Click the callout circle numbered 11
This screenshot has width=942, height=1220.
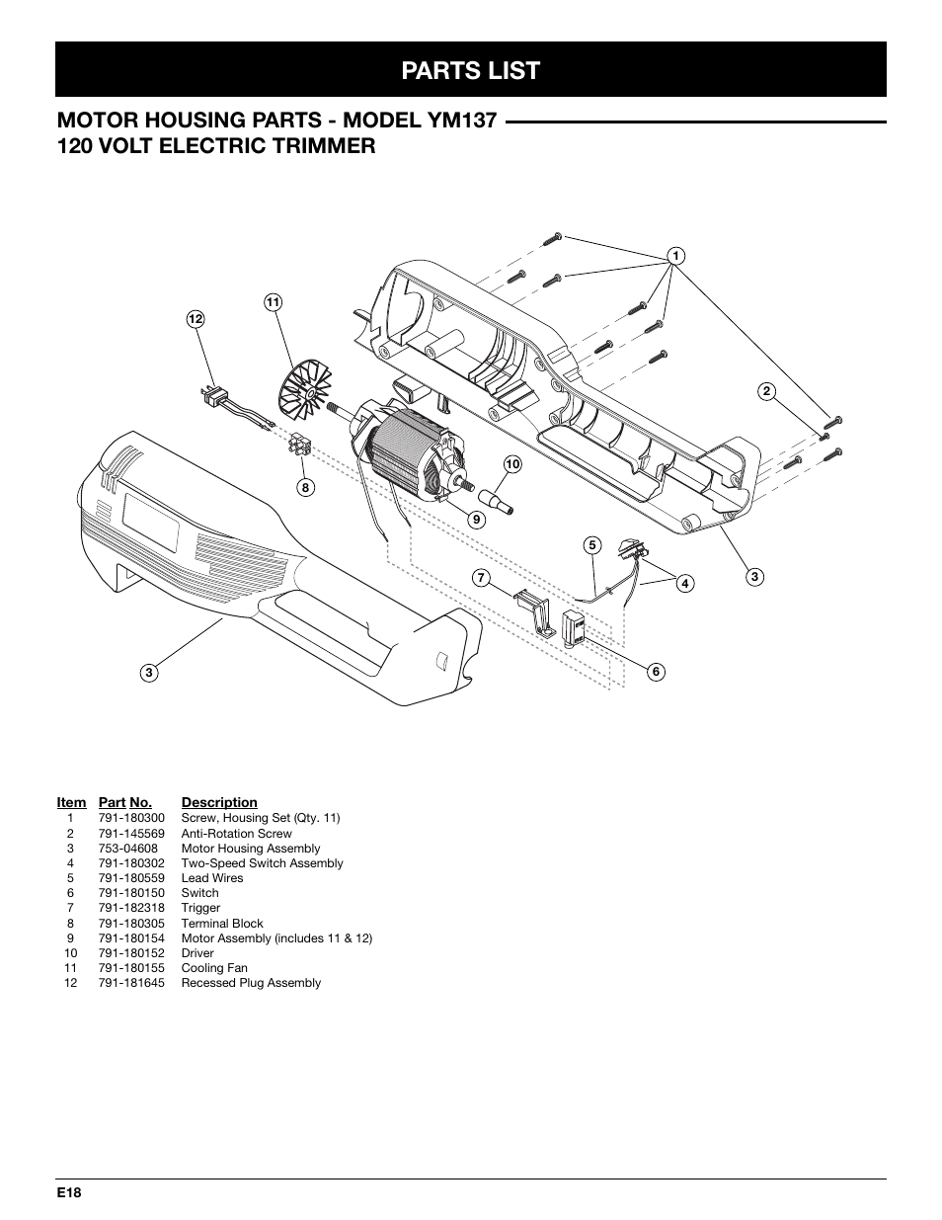[273, 302]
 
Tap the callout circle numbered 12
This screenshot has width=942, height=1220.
[196, 319]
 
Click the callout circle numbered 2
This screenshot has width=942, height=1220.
[765, 390]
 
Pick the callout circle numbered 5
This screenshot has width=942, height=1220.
[591, 544]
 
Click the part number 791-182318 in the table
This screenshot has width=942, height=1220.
[131, 908]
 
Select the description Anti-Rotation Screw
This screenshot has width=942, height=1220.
[236, 833]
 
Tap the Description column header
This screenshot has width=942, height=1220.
[219, 803]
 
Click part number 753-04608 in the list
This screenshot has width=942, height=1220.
[127, 849]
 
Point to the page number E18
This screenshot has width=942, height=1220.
[68, 1193]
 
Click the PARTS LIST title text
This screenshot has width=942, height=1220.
[471, 70]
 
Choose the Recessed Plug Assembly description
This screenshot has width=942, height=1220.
[251, 983]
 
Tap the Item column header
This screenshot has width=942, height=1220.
[71, 803]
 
